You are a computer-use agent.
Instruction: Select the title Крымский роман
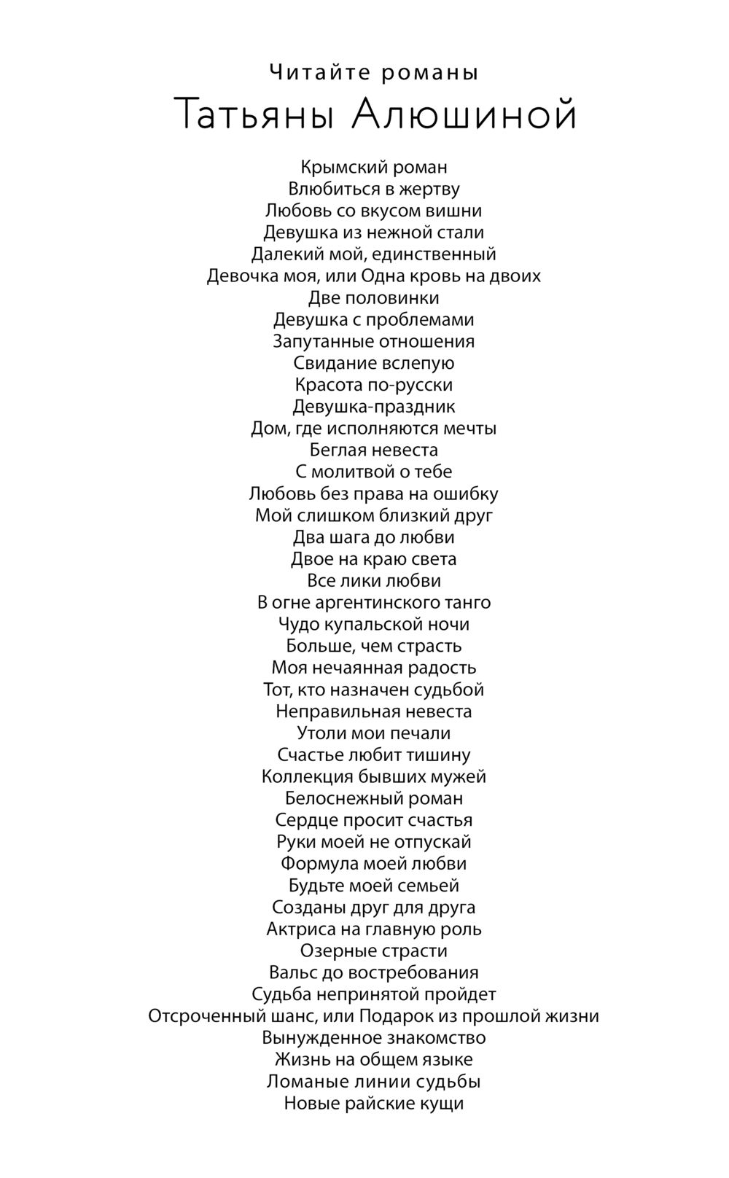pyautogui.click(x=374, y=167)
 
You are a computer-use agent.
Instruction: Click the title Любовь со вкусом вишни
pyautogui.click(x=374, y=211)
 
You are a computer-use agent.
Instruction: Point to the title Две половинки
pyautogui.click(x=374, y=297)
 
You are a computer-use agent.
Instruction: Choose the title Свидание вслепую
pyautogui.click(x=374, y=363)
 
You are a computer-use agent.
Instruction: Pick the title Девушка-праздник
pyautogui.click(x=374, y=406)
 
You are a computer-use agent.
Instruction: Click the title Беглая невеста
pyautogui.click(x=374, y=450)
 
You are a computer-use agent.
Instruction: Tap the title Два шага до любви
pyautogui.click(x=374, y=537)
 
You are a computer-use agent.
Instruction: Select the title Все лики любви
pyautogui.click(x=374, y=581)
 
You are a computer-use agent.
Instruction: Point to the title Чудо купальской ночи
pyautogui.click(x=374, y=624)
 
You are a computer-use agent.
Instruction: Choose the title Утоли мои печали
pyautogui.click(x=374, y=733)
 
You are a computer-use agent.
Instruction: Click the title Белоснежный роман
pyautogui.click(x=374, y=798)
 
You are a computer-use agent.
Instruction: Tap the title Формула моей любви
pyautogui.click(x=374, y=864)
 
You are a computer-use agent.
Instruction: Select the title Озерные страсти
pyautogui.click(x=374, y=951)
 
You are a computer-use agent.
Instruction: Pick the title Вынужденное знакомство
pyautogui.click(x=374, y=1037)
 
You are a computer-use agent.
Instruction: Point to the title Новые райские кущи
pyautogui.click(x=374, y=1103)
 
